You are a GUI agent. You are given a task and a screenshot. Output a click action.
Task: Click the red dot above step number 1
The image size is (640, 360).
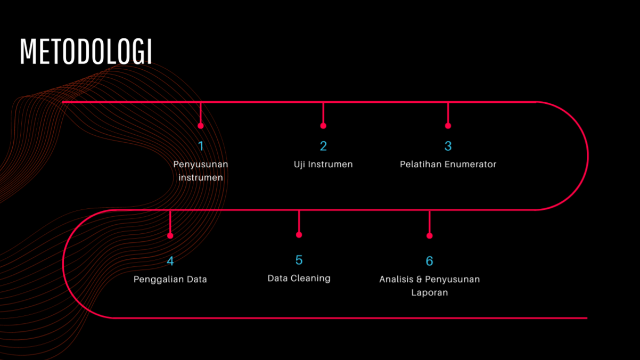pos(201,126)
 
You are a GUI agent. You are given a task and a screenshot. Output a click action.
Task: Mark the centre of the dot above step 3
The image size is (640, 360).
pos(448,126)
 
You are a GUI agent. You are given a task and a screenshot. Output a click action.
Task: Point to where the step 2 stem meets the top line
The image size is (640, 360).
pos(323,102)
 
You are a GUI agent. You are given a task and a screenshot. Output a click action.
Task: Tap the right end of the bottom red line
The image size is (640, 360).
pos(587,318)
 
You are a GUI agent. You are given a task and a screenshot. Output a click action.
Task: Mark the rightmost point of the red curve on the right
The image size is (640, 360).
pos(588,156)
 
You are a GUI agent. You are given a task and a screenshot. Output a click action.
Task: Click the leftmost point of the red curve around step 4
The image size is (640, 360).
pos(63,264)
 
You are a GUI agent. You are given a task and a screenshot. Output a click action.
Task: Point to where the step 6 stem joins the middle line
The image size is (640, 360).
pos(430,210)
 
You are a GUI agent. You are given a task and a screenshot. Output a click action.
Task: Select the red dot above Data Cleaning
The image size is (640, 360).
pos(299,235)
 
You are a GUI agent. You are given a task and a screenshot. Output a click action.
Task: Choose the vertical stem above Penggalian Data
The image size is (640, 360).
pos(170,222)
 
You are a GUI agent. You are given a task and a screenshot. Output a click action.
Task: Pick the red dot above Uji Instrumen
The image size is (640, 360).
pos(323,126)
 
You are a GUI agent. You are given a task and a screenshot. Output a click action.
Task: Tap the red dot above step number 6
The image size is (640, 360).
pos(430,236)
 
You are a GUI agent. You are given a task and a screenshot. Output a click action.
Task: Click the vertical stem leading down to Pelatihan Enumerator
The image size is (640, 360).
pos(448,112)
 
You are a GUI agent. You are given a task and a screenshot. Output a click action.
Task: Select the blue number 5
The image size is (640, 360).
pos(299,260)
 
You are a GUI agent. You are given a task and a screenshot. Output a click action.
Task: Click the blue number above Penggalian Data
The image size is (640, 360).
pos(170,261)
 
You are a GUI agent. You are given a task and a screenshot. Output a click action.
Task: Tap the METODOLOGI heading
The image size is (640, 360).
pos(86,52)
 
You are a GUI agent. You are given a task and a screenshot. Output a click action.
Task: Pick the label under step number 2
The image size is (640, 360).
pos(323,164)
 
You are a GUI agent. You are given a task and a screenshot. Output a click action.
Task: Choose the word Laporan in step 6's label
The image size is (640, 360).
pos(430,292)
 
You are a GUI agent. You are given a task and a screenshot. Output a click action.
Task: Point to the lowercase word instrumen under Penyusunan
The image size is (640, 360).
pos(201,178)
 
